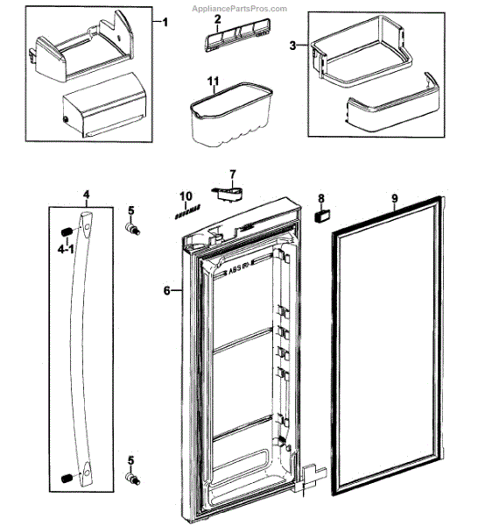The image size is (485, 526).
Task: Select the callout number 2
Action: coord(217,19)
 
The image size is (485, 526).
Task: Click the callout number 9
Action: coord(395,199)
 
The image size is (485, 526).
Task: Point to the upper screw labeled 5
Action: coord(134,230)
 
